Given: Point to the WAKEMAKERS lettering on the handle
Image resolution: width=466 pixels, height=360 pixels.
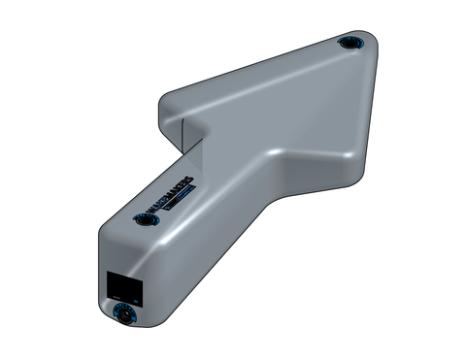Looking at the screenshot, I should click(x=174, y=194).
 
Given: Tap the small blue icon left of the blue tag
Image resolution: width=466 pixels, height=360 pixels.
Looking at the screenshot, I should click(x=165, y=207).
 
